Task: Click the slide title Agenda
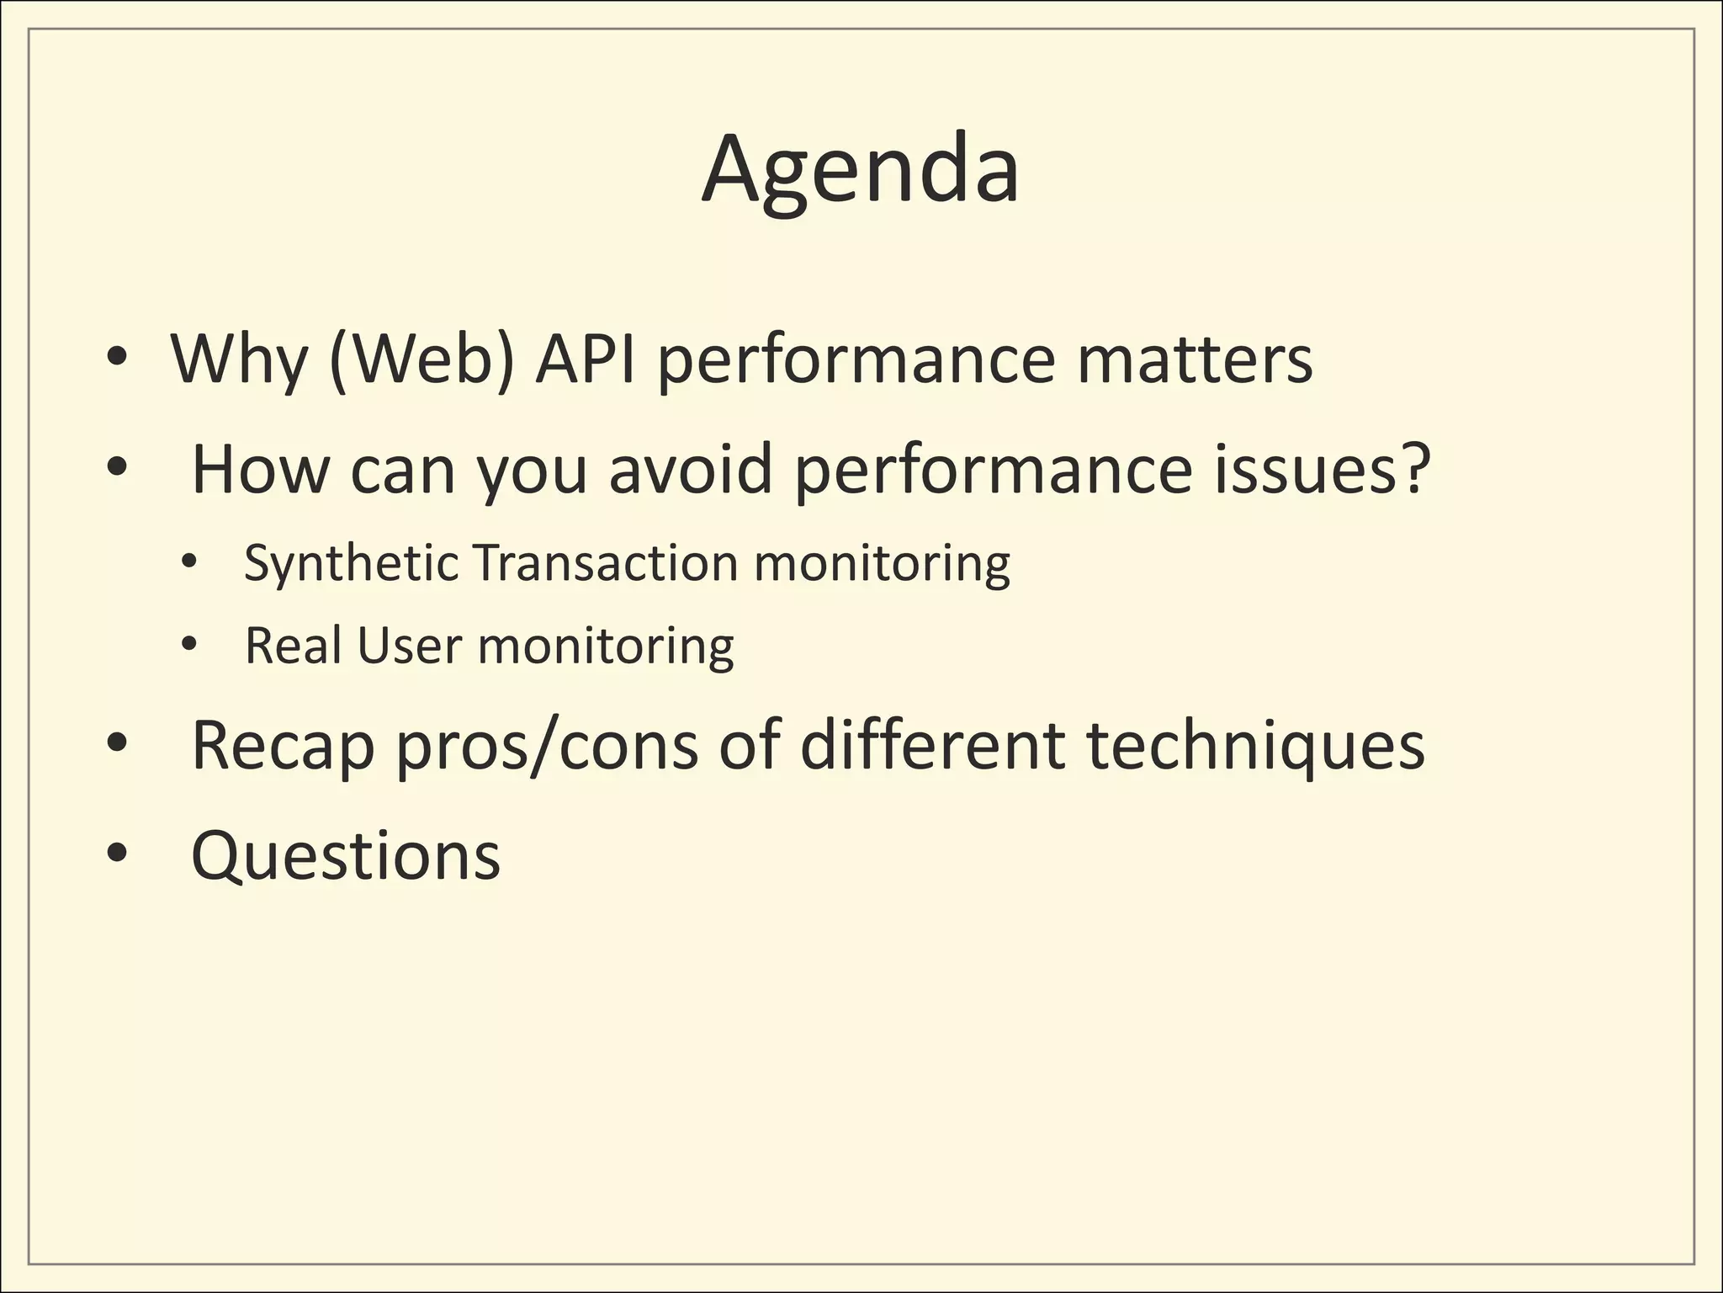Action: pyautogui.click(x=861, y=171)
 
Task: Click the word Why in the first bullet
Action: pyautogui.click(x=239, y=360)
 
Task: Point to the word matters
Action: pyautogui.click(x=1195, y=360)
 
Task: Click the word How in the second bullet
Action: pyautogui.click(x=260, y=469)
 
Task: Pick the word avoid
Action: pyautogui.click(x=690, y=469)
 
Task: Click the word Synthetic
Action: pyautogui.click(x=351, y=563)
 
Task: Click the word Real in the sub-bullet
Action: pyautogui.click(x=294, y=646)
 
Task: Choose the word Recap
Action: pyautogui.click(x=283, y=746)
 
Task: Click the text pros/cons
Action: pyautogui.click(x=547, y=746)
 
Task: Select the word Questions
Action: pyautogui.click(x=346, y=855)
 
